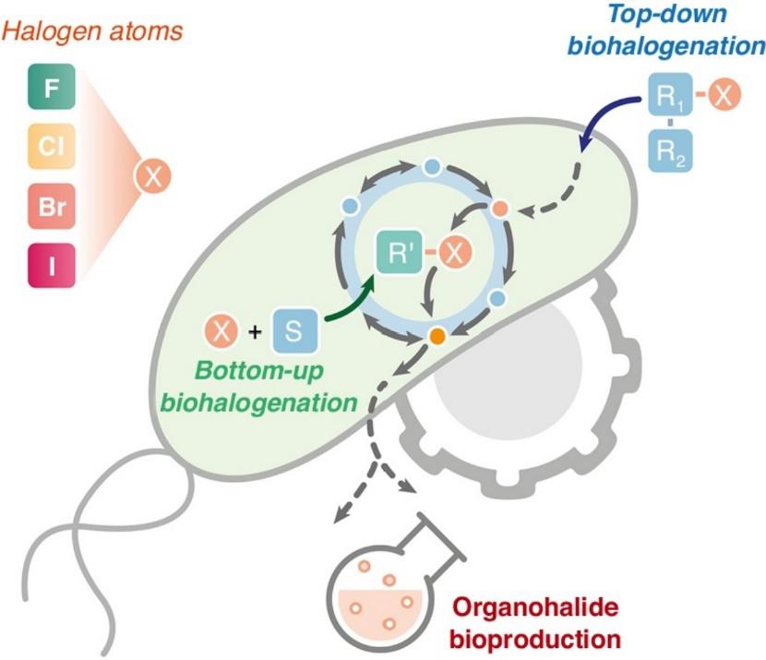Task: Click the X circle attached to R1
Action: pos(726,96)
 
